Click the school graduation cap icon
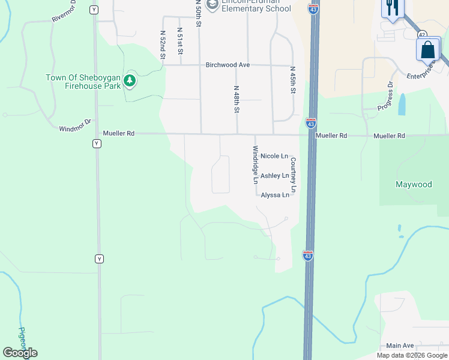(211, 5)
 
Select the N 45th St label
(293, 80)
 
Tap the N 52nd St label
(163, 45)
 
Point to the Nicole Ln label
(274, 156)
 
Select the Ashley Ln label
(274, 176)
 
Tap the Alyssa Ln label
(275, 195)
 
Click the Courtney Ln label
(294, 175)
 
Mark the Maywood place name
(414, 184)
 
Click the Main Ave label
(400, 346)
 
